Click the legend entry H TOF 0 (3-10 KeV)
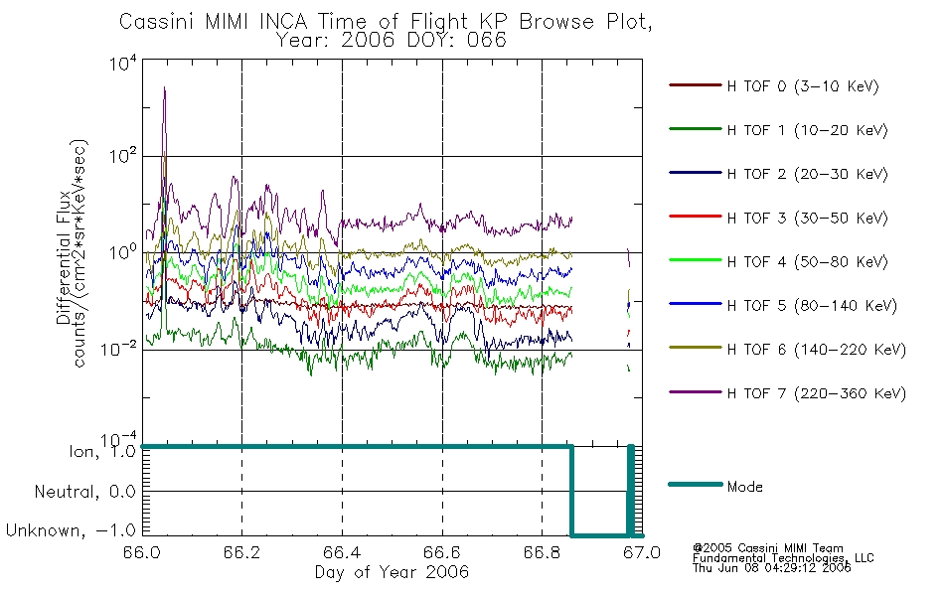774,86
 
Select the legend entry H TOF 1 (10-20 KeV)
778,130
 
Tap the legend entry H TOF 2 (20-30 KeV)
778,174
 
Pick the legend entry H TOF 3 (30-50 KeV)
778,218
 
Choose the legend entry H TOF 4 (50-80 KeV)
778,262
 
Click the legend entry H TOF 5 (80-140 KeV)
783,306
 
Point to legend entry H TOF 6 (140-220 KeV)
787,350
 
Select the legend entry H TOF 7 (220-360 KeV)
787,393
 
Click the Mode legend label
744,487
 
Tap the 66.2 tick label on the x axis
241,552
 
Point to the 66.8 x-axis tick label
542,552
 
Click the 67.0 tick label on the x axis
642,552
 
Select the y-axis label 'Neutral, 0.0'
84,492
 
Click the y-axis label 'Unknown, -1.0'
71,530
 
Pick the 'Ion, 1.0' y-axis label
102,451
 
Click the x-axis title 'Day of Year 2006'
392,572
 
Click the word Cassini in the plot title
158,22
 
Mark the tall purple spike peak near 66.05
164,87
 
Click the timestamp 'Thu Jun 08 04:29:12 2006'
771,568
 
